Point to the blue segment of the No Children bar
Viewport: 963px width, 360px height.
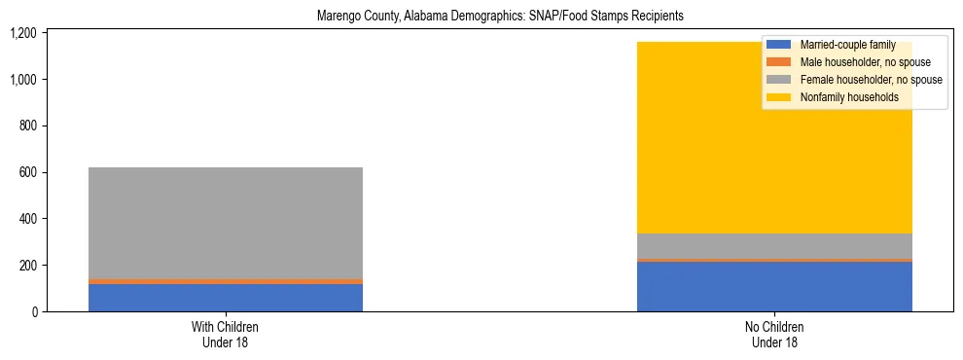(x=774, y=287)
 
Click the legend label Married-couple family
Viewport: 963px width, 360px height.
(x=847, y=45)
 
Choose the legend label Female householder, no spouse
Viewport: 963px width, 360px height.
(x=871, y=80)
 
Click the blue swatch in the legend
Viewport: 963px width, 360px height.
(x=779, y=45)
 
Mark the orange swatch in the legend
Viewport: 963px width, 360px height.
(x=779, y=62)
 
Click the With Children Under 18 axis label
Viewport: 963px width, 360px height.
(x=225, y=335)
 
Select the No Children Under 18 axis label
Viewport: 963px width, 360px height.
(x=774, y=335)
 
